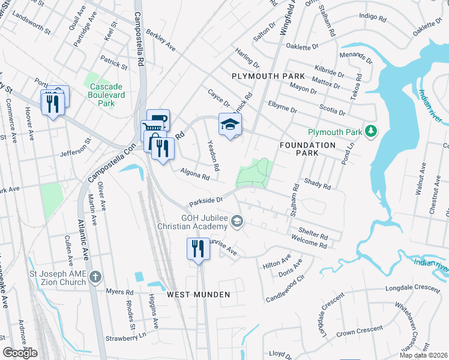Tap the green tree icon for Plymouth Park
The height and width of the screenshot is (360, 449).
pos(372,131)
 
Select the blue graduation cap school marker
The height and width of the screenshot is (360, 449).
pos(229,125)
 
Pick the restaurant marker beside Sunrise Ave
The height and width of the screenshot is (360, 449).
pos(198,248)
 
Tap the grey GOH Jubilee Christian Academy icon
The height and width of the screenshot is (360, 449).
pos(238,223)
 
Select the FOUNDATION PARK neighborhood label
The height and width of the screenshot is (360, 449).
pos(308,149)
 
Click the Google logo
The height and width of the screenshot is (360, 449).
pos(20,353)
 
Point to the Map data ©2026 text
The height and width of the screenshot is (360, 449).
pos(424,355)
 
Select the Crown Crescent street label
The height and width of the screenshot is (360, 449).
pos(360,331)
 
